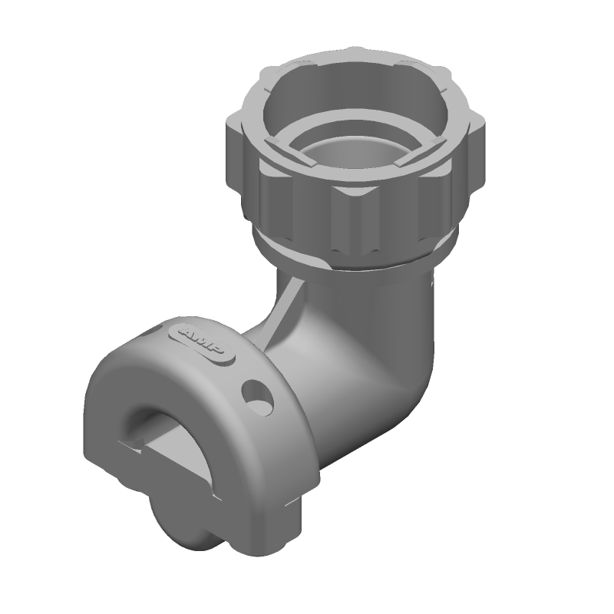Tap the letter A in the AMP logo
tap(187, 333)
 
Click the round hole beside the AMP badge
tap(258, 398)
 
